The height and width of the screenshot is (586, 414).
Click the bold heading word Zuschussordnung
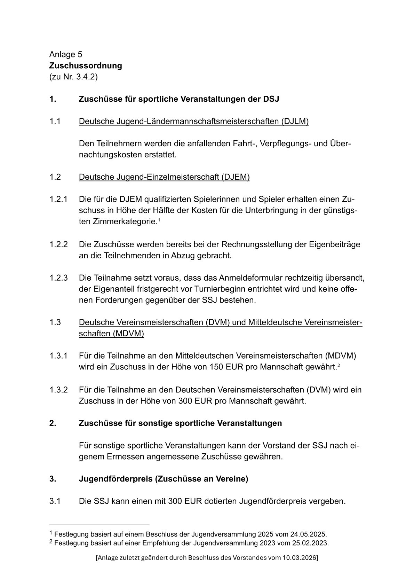pyautogui.click(x=86, y=65)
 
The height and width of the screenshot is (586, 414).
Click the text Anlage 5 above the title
pyautogui.click(x=66, y=54)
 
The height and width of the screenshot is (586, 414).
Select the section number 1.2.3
pyautogui.click(x=58, y=278)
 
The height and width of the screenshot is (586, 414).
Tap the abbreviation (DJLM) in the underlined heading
pyautogui.click(x=295, y=121)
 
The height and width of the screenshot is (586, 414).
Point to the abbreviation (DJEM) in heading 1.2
pyautogui.click(x=236, y=177)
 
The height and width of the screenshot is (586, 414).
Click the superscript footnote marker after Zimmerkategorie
pyautogui.click(x=159, y=220)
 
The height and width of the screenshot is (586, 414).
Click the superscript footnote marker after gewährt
pyautogui.click(x=338, y=365)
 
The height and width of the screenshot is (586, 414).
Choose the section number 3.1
pyautogui.click(x=55, y=501)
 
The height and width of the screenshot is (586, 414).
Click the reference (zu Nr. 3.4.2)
pyautogui.click(x=73, y=77)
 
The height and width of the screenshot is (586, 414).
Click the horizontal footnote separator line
pyautogui.click(x=99, y=524)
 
